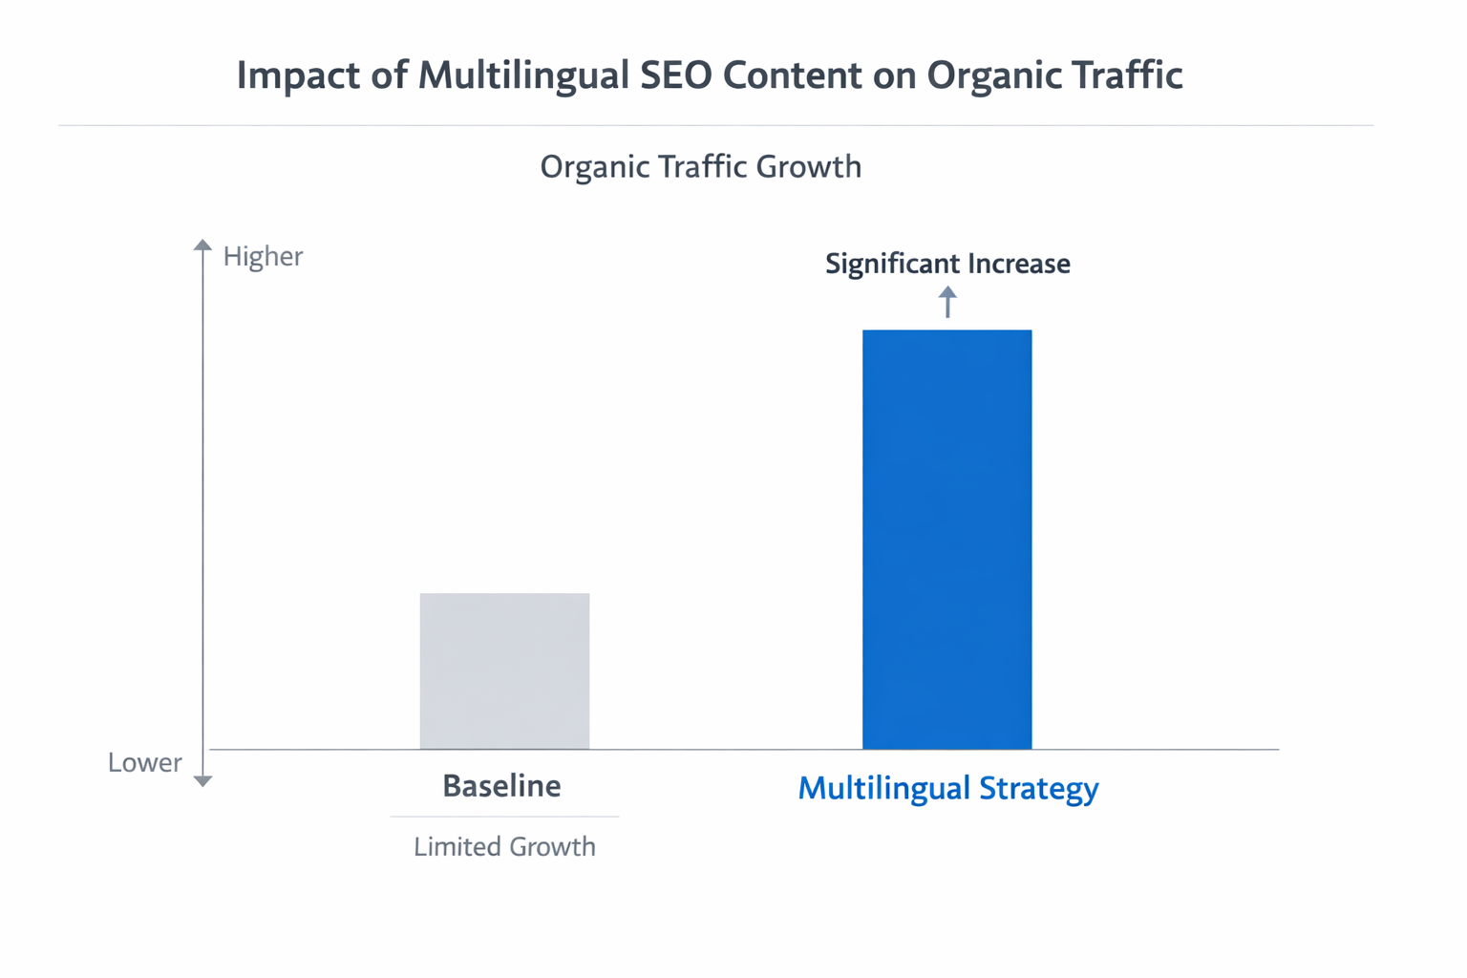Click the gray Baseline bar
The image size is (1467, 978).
504,670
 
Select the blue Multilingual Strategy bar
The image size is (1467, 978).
946,539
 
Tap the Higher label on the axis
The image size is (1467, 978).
263,256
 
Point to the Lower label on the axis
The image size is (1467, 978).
144,762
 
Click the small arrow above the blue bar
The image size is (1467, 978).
947,302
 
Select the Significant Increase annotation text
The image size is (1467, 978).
947,264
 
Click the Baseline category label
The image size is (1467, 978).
501,786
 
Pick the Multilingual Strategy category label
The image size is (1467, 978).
947,788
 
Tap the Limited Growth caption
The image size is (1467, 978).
504,846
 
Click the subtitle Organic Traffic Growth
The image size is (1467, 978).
700,167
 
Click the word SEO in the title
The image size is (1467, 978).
675,75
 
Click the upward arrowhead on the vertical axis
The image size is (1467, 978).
202,245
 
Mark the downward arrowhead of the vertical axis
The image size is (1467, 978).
202,781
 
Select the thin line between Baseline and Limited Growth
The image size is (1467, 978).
504,817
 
